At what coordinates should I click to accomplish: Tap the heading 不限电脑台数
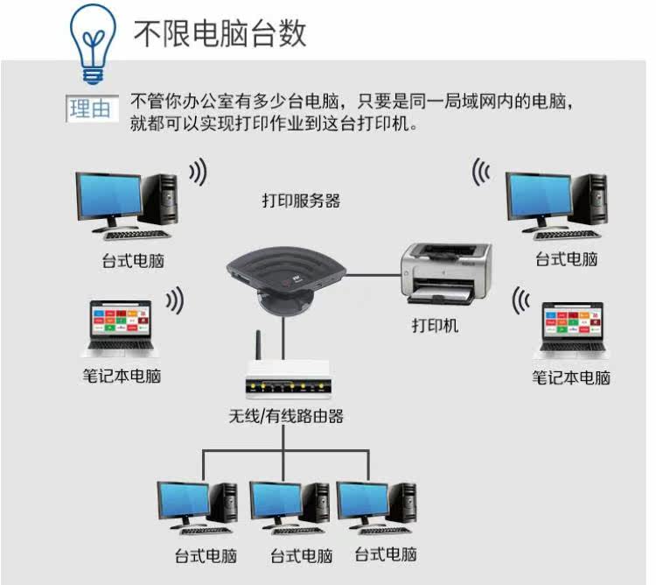point(220,33)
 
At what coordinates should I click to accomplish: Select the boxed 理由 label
point(91,109)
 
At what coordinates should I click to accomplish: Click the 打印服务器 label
point(301,201)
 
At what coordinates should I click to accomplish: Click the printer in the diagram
point(445,273)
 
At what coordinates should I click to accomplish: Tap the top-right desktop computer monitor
point(540,197)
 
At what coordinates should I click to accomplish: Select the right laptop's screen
point(573,322)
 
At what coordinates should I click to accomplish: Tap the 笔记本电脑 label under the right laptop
point(571,377)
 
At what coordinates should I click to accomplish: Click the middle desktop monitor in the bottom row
point(277,503)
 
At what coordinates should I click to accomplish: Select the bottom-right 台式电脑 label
point(386,554)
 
